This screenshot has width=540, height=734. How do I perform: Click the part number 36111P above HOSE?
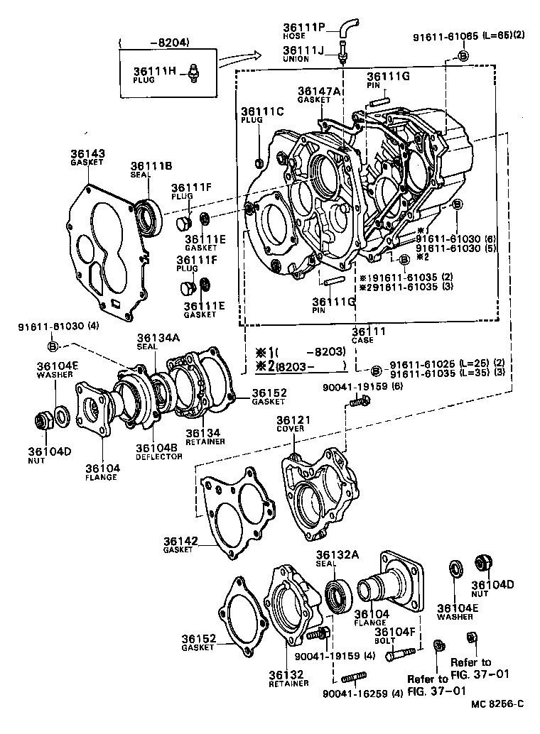[303, 28]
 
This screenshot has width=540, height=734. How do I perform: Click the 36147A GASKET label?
[319, 95]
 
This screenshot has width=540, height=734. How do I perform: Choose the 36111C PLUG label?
[261, 116]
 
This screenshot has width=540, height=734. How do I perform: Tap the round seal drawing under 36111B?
[147, 214]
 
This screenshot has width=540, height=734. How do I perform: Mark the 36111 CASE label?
[367, 335]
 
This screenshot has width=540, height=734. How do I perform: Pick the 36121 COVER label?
[291, 424]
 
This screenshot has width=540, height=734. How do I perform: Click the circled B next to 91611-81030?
[53, 346]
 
